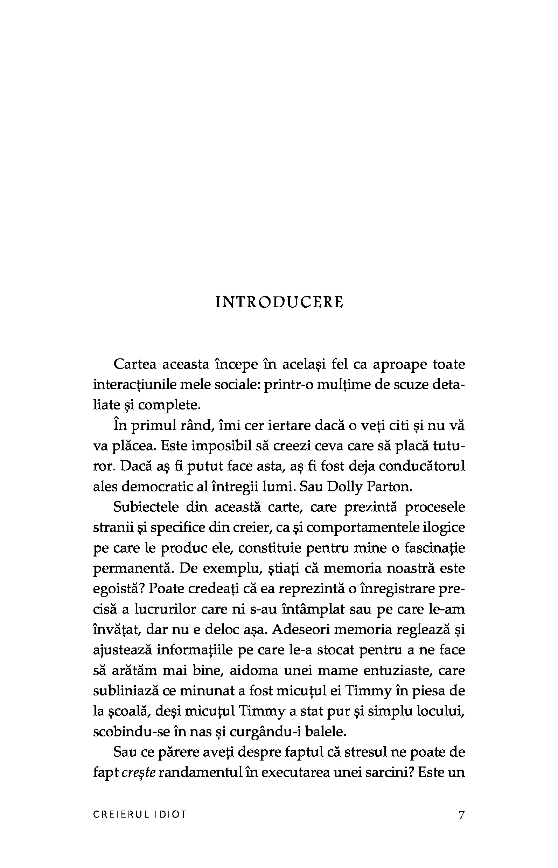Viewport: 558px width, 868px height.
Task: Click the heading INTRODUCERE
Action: point(279,302)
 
